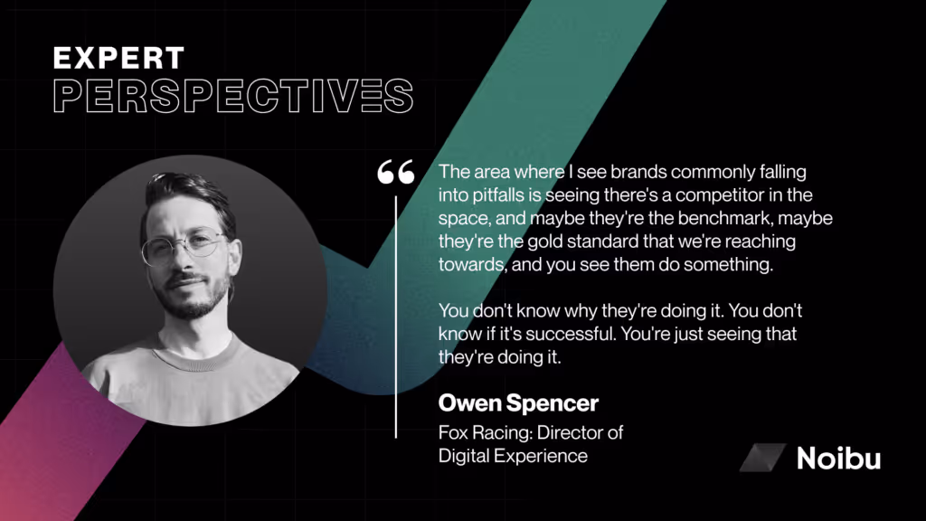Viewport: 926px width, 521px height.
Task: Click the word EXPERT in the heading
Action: tap(118, 59)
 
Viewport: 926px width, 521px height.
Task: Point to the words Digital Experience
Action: tap(513, 456)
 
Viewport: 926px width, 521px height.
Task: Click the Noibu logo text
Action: tap(838, 458)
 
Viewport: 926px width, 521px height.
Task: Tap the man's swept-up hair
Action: tap(185, 192)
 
